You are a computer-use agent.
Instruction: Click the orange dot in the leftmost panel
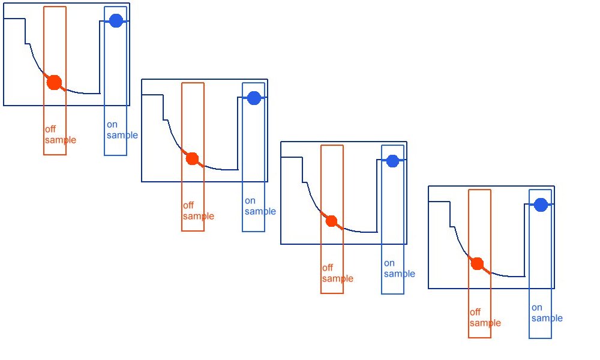(54, 82)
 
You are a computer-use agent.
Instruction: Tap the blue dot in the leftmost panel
(116, 21)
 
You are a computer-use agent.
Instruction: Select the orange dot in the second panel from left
(192, 158)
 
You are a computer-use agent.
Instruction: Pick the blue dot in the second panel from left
(254, 98)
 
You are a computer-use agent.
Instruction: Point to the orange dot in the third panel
(331, 221)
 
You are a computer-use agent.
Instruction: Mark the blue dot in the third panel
(392, 161)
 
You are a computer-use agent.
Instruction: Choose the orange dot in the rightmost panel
(477, 264)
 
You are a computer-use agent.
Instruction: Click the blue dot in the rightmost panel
(541, 205)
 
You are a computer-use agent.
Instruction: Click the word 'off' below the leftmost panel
(50, 130)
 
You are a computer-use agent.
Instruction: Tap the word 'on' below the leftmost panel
(112, 125)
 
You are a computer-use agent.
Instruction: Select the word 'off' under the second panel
(188, 206)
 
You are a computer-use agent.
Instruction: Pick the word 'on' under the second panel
(250, 201)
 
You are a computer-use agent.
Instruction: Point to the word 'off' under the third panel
(328, 268)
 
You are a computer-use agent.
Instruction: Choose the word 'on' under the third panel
(389, 263)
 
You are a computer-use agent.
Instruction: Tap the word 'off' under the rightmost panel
(475, 313)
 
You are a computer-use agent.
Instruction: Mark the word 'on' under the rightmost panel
(537, 308)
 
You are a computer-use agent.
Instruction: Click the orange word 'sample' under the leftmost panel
(61, 140)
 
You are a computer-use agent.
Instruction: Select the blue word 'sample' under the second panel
(260, 211)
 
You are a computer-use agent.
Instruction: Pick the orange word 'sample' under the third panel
(338, 278)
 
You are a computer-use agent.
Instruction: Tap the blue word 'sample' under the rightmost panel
(547, 318)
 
